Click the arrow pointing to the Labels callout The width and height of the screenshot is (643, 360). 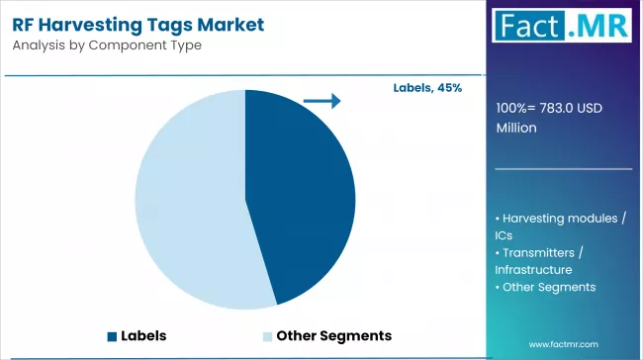point(321,100)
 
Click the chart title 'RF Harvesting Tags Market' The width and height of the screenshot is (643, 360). point(139,25)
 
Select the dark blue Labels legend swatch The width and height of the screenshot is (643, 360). point(112,335)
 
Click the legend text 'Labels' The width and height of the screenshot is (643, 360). point(143,335)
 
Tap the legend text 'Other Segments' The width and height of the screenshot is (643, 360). point(334,335)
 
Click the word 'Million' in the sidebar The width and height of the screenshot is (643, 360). point(518,128)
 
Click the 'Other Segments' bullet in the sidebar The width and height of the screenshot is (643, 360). point(550,287)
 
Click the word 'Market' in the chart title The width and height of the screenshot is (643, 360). point(231,25)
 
